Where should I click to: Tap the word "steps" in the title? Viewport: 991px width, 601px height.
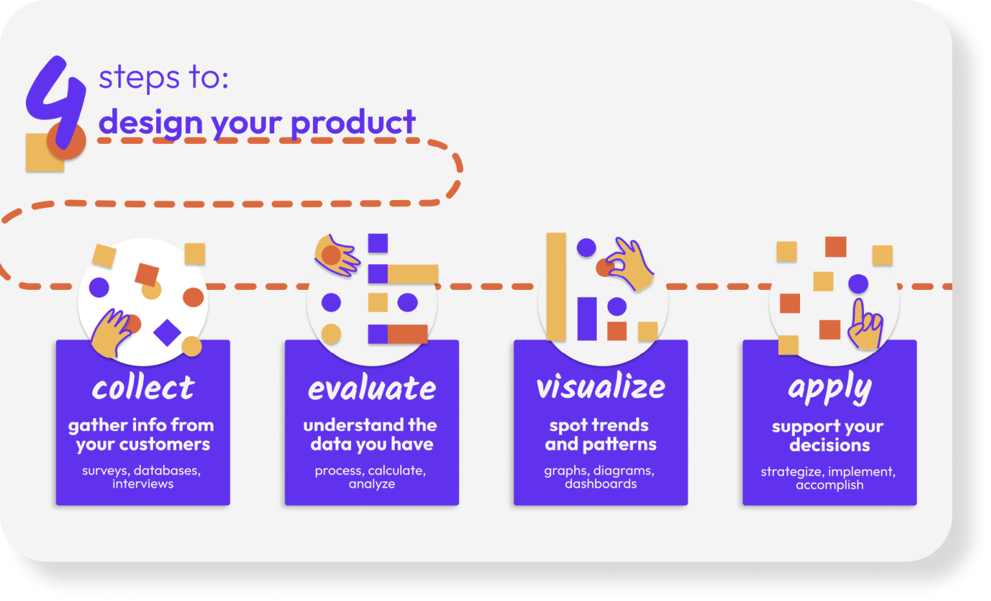[139, 78]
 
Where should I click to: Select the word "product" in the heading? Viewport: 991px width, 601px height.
[353, 123]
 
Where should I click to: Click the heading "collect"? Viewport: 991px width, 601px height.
[143, 388]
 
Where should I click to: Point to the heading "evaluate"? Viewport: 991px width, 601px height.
[372, 388]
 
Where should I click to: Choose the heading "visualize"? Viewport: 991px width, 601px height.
[601, 386]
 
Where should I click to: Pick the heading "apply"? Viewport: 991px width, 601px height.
[830, 389]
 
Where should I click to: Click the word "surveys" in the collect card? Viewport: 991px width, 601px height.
[106, 471]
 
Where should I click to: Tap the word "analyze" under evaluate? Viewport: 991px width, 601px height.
[372, 484]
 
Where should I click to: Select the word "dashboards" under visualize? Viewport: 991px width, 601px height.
[601, 484]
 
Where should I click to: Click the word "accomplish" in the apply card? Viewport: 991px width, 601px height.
[830, 485]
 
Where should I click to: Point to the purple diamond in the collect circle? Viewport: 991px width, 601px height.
[167, 332]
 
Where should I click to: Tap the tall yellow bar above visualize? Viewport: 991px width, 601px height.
[556, 287]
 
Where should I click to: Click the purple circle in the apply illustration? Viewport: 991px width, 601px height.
[858, 283]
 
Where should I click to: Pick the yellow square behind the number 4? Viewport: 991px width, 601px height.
[45, 153]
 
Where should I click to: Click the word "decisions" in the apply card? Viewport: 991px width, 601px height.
[830, 445]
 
